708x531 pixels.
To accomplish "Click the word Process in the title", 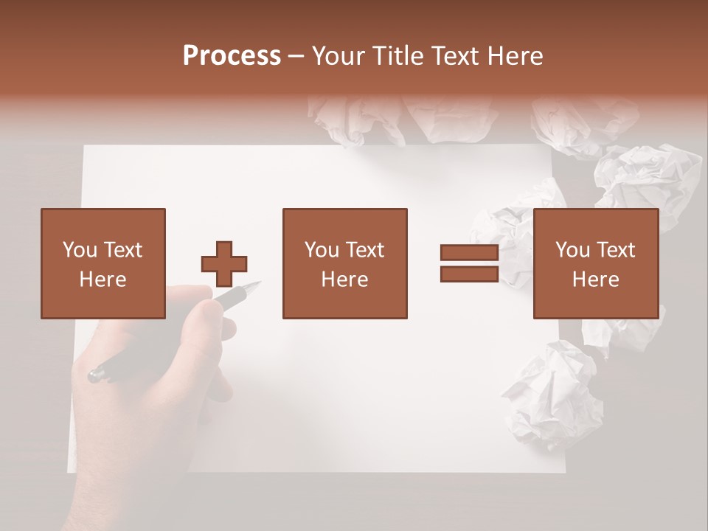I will click(232, 56).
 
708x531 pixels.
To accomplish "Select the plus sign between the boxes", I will click(224, 263).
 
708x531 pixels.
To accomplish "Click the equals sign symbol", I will click(469, 263).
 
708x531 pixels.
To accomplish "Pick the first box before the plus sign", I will click(103, 263).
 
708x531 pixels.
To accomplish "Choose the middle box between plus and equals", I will click(344, 263).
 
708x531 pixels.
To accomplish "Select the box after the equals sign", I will click(595, 263).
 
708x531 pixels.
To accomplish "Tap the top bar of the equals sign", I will click(469, 253).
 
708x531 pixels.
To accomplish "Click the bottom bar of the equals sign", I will click(469, 274).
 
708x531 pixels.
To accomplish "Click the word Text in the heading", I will click(453, 56).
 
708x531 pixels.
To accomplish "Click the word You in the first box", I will click(80, 250).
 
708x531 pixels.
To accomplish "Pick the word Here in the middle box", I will click(344, 280).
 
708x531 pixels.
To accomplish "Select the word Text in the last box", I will click(616, 250).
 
